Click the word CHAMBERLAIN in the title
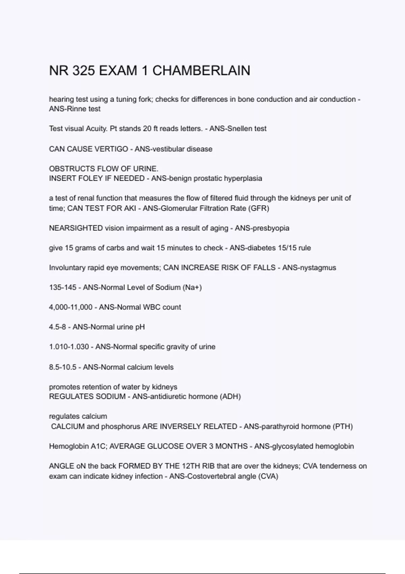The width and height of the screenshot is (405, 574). click(x=201, y=71)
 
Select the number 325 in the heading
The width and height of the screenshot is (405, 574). click(x=83, y=71)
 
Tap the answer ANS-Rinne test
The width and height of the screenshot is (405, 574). click(x=75, y=109)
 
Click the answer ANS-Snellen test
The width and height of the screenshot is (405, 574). click(x=238, y=129)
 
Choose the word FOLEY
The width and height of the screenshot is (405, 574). click(x=90, y=179)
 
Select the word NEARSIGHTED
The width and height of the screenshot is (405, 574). click(x=76, y=228)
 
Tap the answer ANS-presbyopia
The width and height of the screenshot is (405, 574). click(x=262, y=228)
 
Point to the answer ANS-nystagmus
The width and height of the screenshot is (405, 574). click(x=309, y=268)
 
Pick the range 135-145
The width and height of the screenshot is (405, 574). click(x=63, y=288)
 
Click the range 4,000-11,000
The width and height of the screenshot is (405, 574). click(x=71, y=307)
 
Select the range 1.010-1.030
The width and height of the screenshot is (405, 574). click(x=69, y=347)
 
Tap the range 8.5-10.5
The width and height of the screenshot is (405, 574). click(x=63, y=367)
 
